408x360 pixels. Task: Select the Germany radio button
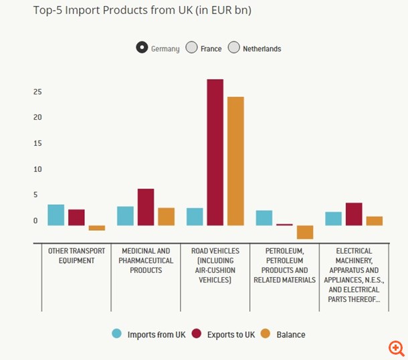coord(142,48)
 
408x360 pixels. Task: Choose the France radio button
coord(191,48)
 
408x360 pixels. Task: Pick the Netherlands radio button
coord(233,48)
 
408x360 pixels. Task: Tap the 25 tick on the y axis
coord(38,92)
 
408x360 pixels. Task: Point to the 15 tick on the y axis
coord(38,143)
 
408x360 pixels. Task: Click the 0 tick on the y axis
coord(35,221)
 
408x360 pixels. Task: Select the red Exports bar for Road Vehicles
coord(215,152)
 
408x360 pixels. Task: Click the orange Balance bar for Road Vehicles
coord(235,161)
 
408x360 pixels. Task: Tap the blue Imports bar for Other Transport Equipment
coord(56,215)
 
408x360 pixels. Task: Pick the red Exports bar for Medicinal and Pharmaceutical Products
coord(146,207)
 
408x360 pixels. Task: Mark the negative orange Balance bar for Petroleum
coord(305,232)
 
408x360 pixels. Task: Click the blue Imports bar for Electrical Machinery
coord(333,218)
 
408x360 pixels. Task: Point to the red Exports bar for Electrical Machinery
coord(354,214)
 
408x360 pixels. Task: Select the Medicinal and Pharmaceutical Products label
coord(146,260)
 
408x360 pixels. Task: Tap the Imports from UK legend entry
coord(150,334)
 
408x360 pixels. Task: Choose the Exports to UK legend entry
coord(224,334)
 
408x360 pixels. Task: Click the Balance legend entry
coord(283,334)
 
